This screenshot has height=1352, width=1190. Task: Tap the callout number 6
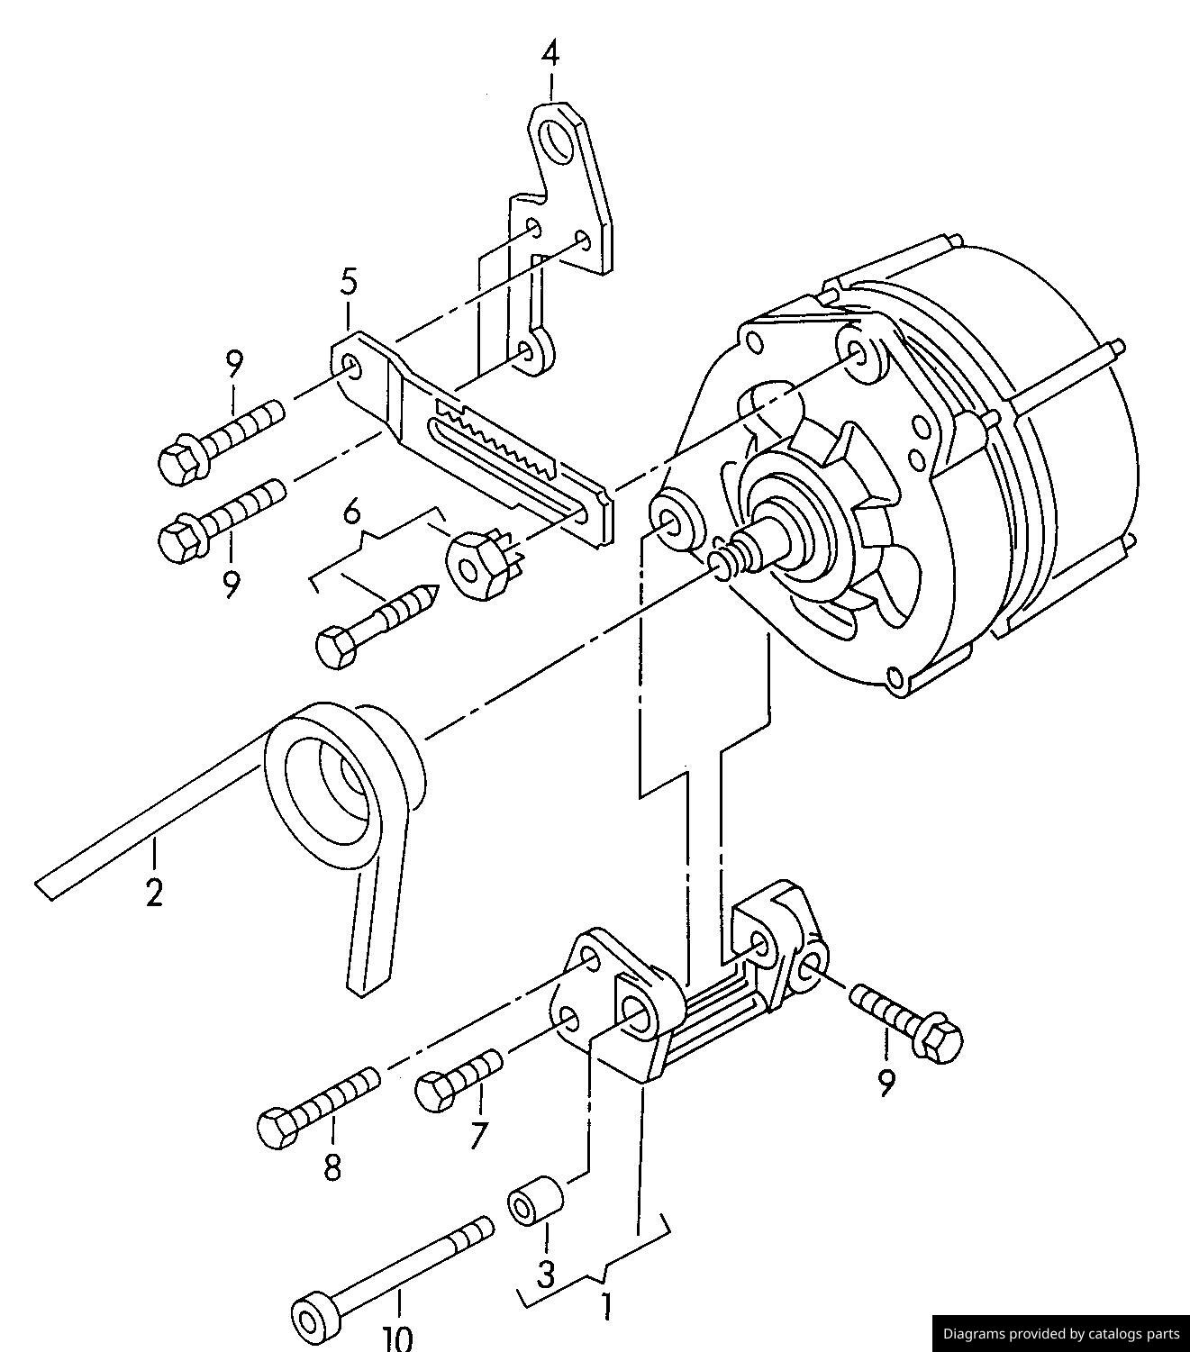pyautogui.click(x=352, y=513)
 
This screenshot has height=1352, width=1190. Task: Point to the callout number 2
pyautogui.click(x=155, y=892)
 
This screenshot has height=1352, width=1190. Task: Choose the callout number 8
pyautogui.click(x=332, y=1167)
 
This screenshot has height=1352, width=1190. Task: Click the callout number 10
pyautogui.click(x=397, y=1337)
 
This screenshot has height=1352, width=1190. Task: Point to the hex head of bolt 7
pyautogui.click(x=434, y=1091)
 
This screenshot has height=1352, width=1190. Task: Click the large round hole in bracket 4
pyautogui.click(x=560, y=141)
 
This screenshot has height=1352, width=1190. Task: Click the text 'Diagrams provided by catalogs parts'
pyautogui.click(x=1060, y=1333)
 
